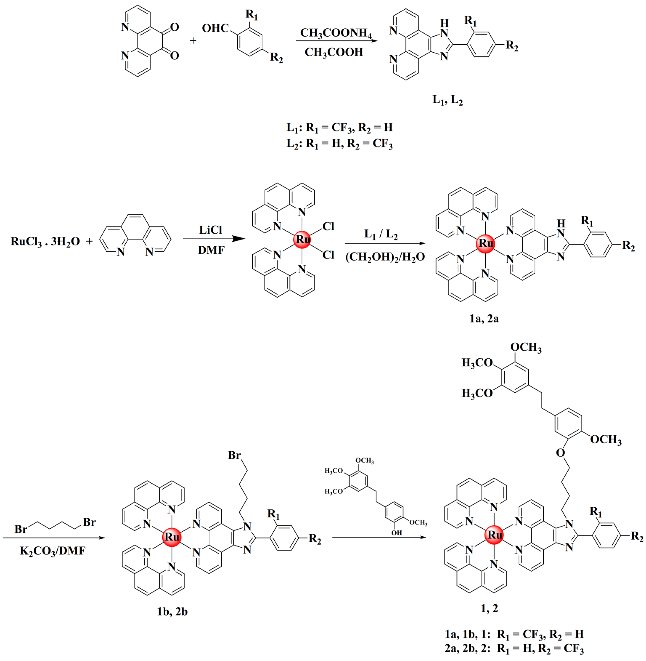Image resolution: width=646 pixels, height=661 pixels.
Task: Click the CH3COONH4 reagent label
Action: pyautogui.click(x=336, y=33)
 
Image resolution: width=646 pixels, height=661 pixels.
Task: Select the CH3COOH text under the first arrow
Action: pyautogui.click(x=334, y=52)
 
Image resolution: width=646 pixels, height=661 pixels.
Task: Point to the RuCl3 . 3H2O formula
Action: pyautogui.click(x=45, y=241)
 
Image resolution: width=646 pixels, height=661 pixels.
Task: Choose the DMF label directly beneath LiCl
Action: pyautogui.click(x=211, y=250)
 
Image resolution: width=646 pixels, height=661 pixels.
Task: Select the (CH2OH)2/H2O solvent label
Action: pyautogui.click(x=385, y=257)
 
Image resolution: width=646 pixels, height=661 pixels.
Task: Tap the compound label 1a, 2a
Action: pyautogui.click(x=484, y=318)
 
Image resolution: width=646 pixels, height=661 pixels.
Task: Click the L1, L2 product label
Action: pyautogui.click(x=447, y=100)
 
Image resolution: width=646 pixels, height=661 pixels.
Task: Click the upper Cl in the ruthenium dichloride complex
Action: pyautogui.click(x=328, y=226)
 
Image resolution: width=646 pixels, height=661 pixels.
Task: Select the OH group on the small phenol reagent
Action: pyautogui.click(x=396, y=533)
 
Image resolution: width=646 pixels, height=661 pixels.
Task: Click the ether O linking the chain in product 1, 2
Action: pyautogui.click(x=560, y=452)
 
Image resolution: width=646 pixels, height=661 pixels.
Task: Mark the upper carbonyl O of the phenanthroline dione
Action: pyautogui.click(x=174, y=27)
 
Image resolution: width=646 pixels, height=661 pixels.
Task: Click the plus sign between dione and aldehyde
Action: pyautogui.click(x=193, y=41)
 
